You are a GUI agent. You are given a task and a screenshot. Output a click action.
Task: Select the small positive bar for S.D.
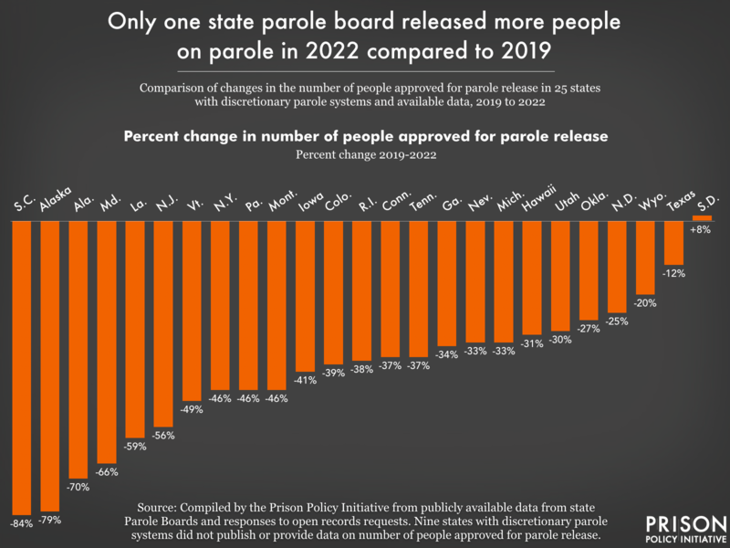703,217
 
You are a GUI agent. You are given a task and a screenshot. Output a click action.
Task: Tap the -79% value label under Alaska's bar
49,519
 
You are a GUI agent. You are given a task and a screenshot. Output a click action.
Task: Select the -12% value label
674,272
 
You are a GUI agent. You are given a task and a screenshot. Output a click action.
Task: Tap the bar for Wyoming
646,257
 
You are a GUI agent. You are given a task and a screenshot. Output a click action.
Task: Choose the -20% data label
646,302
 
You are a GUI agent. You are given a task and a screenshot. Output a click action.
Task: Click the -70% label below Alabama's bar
78,487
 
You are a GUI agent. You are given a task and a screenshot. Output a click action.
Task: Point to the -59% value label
135,447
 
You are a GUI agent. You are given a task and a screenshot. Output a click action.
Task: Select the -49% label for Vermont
192,409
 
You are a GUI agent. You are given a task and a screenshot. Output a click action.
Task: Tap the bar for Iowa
305,292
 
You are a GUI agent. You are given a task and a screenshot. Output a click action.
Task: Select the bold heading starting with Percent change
365,136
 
